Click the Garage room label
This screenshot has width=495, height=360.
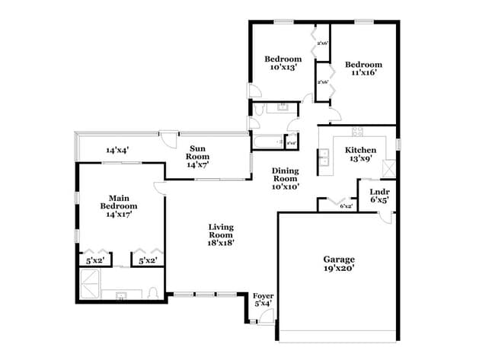click(338, 259)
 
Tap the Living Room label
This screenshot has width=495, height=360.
click(221, 231)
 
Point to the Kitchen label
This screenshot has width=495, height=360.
click(360, 150)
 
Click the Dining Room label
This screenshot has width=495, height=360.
click(286, 174)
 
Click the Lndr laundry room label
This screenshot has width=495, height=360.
click(379, 191)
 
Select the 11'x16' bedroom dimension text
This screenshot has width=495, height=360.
click(363, 74)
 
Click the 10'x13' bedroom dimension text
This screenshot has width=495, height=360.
click(283, 68)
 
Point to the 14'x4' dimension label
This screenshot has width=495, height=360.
click(117, 150)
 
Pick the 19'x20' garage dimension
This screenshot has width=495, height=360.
click(338, 268)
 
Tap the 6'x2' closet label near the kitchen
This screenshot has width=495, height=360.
click(346, 205)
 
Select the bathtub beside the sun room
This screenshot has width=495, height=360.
click(266, 142)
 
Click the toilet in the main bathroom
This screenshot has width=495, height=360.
click(153, 294)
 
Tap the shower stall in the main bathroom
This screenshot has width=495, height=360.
click(90, 285)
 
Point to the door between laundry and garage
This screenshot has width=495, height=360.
click(387, 216)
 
